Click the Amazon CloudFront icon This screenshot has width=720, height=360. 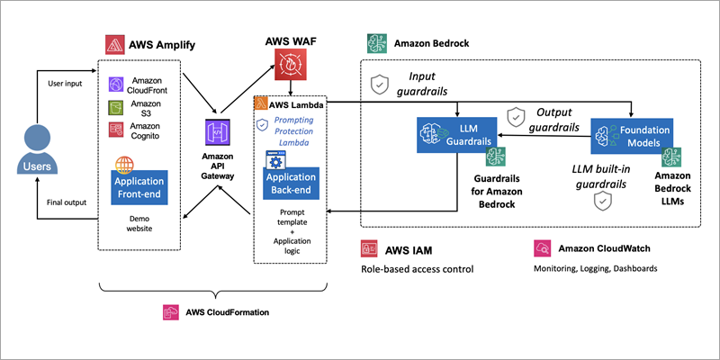pos(115,85)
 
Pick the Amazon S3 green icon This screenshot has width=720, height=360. pos(115,108)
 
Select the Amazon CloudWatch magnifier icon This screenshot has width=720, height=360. pos(542,247)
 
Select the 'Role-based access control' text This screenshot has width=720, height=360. pos(417,268)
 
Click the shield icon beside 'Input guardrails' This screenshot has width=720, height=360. pos(381,84)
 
